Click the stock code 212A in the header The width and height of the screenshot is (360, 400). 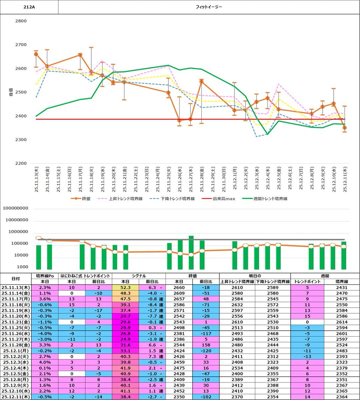tap(29, 7)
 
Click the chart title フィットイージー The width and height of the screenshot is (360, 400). tap(209, 7)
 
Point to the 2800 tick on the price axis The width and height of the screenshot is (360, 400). tap(21, 21)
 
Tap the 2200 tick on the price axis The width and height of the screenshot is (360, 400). tap(21, 163)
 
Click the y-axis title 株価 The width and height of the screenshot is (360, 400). tap(11, 92)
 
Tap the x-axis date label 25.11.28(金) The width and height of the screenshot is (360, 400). tap(202, 180)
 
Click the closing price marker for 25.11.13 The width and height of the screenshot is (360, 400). tap(36, 54)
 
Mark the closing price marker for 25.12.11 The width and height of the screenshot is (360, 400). tap(345, 128)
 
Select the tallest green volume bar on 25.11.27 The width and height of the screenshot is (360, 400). tap(191, 253)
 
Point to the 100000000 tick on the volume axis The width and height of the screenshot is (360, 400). tap(20, 208)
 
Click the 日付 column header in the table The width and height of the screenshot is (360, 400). tap(16, 279)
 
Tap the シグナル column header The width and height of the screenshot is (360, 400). tap(139, 276)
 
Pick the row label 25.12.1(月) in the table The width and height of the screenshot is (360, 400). tap(16, 351)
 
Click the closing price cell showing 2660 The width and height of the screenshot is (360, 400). tap(179, 287)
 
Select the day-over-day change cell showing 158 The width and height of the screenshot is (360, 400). tap(206, 345)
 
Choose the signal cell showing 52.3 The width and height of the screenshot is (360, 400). tap(125, 287)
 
